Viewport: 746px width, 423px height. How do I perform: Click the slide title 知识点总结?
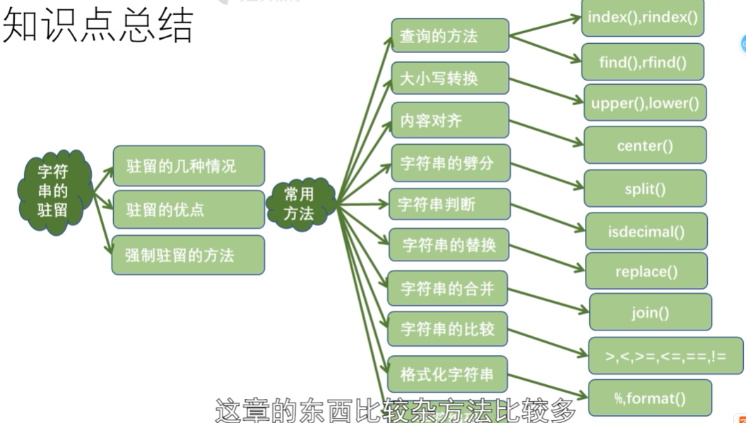click(98, 28)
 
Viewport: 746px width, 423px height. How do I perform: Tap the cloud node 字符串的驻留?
click(54, 190)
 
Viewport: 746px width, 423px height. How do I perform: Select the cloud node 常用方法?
click(300, 204)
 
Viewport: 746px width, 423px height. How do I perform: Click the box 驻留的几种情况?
click(188, 167)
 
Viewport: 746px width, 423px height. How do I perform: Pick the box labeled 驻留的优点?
click(188, 210)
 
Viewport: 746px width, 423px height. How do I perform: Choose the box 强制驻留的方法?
click(188, 255)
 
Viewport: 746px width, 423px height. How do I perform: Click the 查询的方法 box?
click(449, 36)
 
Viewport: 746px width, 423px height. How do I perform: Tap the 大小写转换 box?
click(449, 78)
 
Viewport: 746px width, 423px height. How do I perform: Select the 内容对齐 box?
click(449, 120)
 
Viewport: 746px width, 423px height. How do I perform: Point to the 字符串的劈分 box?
click(449, 163)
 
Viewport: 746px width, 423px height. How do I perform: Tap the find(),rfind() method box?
click(642, 62)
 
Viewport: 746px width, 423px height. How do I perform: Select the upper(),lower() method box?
click(644, 103)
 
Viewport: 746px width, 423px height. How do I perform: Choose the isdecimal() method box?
click(646, 231)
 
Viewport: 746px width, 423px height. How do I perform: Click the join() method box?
click(650, 312)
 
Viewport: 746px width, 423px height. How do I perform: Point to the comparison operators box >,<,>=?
click(665, 356)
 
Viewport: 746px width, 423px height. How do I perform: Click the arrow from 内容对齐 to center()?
click(546, 133)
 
